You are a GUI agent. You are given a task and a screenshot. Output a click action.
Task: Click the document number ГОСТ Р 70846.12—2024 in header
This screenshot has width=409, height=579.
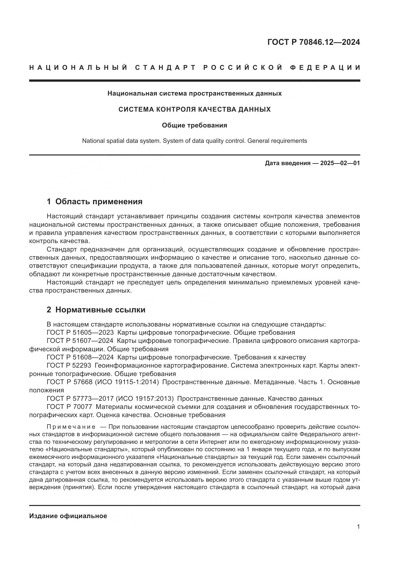click(314, 42)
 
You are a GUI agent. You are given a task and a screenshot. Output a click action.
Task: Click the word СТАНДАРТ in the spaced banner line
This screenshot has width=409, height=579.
click(165, 68)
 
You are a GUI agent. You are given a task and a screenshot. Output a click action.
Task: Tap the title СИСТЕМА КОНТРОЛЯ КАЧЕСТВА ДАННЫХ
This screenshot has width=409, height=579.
click(194, 109)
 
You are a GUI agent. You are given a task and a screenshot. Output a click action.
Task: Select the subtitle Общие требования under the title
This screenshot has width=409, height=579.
click(194, 125)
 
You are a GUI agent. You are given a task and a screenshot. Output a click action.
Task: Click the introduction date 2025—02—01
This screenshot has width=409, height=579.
click(340, 163)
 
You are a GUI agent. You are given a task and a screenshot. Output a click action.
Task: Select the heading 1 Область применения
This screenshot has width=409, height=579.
click(94, 201)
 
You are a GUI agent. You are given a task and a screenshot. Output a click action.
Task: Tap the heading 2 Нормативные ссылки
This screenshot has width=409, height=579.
click(96, 310)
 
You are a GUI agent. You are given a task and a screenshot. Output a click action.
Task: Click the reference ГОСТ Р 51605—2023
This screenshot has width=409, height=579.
click(80, 332)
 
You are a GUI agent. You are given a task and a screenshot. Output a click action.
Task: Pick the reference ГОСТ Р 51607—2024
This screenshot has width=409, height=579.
click(80, 341)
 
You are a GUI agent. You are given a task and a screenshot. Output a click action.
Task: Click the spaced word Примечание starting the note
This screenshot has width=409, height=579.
click(71, 427)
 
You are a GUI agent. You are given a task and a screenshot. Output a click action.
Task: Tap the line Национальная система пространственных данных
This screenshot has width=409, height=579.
click(194, 93)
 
